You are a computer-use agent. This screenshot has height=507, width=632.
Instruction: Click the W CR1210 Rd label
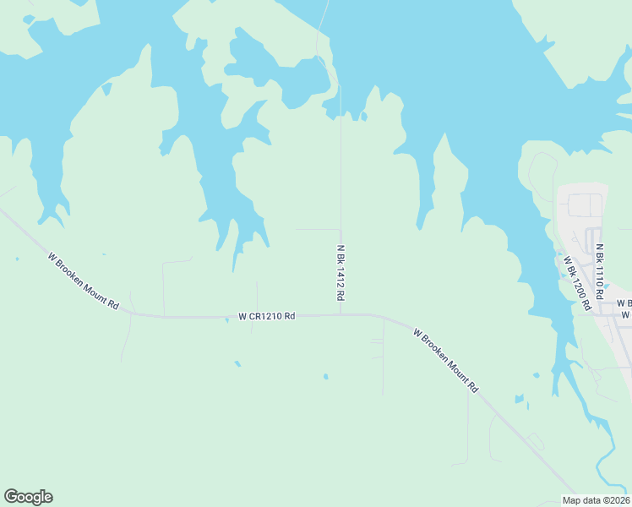coord(266,316)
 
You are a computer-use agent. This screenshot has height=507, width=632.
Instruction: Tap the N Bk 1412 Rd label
coord(341,274)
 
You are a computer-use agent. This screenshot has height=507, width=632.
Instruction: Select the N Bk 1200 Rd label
coord(577,282)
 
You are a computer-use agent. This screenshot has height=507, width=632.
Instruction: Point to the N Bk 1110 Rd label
coord(599,272)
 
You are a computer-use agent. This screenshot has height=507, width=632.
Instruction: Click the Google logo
coord(28,497)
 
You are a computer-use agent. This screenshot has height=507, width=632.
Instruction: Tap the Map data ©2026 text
coord(596,500)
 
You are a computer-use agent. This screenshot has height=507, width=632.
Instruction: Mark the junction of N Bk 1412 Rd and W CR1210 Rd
coord(341,315)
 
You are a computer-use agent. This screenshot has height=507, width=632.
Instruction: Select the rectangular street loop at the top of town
coord(585,204)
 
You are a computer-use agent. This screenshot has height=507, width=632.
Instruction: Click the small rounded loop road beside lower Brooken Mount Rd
coord(533,440)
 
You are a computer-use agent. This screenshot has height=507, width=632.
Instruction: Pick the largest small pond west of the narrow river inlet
coord(519,398)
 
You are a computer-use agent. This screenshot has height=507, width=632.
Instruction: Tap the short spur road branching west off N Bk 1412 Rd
coord(317,229)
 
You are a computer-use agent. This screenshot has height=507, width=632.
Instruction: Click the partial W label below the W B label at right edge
coord(626,314)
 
